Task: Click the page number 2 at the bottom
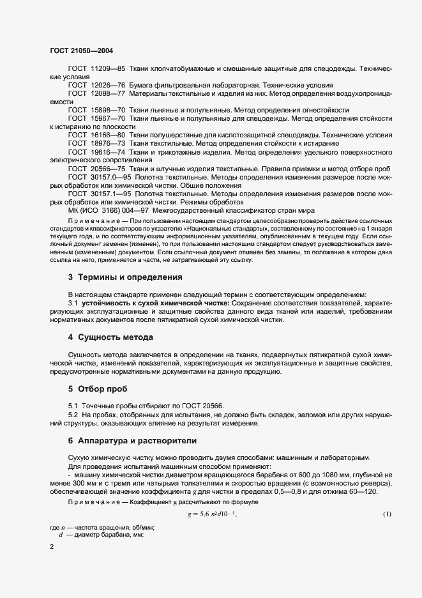coord(52,548)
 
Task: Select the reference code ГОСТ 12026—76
coord(96,84)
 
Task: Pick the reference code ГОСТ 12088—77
coord(96,93)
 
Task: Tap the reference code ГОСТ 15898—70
coord(96,110)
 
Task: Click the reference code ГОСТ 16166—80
coord(96,135)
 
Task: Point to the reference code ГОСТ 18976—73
coord(96,144)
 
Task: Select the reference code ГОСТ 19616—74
coord(96,153)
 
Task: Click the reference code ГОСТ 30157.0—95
coord(100,176)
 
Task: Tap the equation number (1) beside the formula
coord(387,514)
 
